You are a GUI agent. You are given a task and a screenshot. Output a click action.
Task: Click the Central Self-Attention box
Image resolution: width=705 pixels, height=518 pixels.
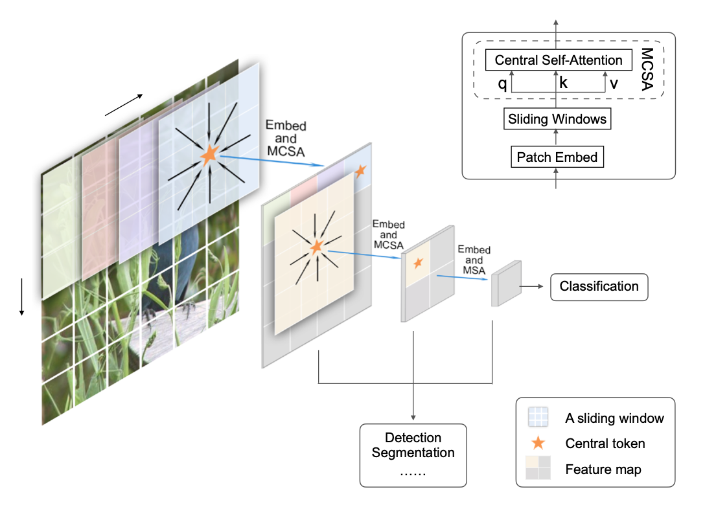click(x=558, y=60)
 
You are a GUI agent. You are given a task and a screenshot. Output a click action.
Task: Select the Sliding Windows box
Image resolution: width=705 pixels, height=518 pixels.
click(x=558, y=119)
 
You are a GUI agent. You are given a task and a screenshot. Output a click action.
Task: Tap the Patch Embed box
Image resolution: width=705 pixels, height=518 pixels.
click(x=557, y=157)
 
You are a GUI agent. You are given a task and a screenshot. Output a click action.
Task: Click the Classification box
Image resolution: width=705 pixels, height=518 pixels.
click(x=599, y=286)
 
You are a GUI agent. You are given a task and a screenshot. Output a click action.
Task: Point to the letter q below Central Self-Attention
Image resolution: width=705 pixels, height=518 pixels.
click(x=502, y=83)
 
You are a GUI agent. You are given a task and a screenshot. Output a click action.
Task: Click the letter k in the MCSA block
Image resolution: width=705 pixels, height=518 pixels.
click(x=563, y=83)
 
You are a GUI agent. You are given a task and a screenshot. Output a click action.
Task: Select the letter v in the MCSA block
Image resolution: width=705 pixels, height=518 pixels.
click(x=614, y=83)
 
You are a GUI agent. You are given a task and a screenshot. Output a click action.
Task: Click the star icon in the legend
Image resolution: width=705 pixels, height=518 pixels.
click(x=538, y=444)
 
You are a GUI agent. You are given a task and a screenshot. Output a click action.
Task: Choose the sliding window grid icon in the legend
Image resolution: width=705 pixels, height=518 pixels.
click(x=538, y=417)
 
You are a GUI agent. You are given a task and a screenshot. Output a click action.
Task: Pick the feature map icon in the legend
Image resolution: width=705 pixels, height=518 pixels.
click(x=538, y=468)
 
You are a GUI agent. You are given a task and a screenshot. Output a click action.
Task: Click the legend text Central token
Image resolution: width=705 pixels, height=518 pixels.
click(x=605, y=444)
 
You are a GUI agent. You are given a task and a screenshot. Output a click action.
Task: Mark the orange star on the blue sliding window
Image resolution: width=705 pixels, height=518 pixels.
click(x=209, y=155)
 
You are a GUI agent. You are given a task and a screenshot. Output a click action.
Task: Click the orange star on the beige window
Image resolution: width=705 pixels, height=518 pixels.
click(x=316, y=247)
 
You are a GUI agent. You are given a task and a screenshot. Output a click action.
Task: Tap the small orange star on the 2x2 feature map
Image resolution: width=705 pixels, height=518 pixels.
click(x=418, y=262)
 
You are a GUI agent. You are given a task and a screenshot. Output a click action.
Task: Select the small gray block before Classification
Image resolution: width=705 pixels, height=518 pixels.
click(x=506, y=284)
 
